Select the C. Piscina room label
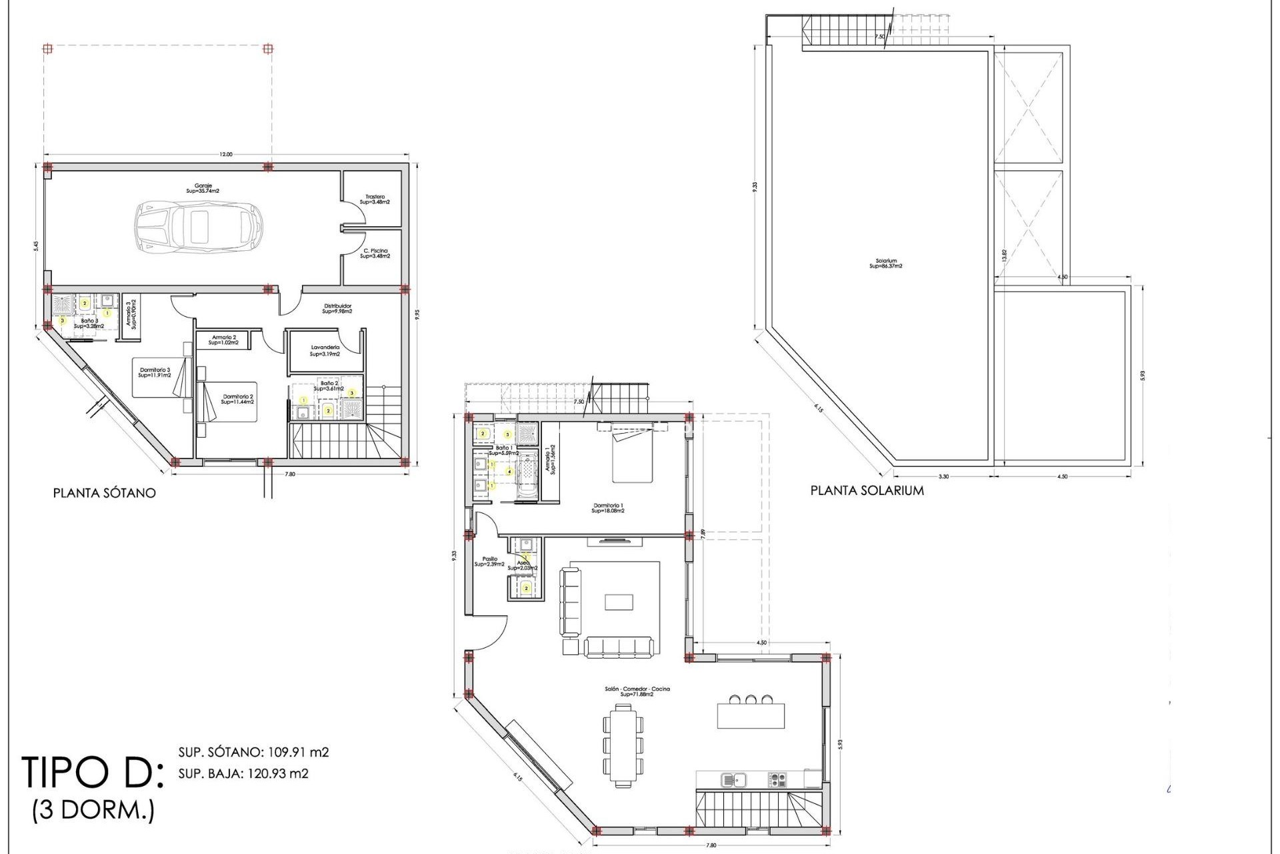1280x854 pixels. click(x=375, y=254)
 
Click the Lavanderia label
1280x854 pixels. click(x=325, y=351)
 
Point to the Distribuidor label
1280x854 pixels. click(x=337, y=308)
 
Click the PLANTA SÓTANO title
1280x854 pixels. click(x=105, y=493)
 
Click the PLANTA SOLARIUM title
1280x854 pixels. click(x=867, y=490)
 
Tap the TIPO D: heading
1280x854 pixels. click(x=92, y=773)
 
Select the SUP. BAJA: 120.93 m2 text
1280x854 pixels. click(x=243, y=774)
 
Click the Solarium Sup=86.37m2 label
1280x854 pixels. click(x=886, y=264)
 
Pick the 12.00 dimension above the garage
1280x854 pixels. click(x=226, y=155)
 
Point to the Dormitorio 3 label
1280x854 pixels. click(x=155, y=372)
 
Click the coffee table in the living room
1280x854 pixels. click(x=619, y=602)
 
